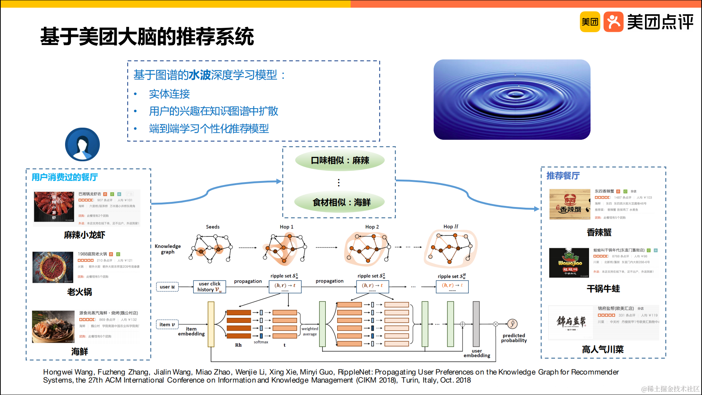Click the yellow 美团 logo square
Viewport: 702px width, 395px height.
click(590, 22)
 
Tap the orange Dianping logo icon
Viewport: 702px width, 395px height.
click(613, 22)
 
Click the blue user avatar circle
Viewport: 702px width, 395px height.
click(82, 144)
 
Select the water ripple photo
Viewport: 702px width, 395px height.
click(512, 99)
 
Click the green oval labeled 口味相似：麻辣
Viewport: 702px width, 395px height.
click(340, 160)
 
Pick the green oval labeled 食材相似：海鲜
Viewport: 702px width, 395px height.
click(340, 202)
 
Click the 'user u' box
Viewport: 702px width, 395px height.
click(167, 287)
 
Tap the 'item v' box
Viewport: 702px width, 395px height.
click(167, 324)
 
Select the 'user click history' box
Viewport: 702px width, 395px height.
click(210, 287)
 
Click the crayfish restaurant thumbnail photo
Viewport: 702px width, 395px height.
click(54, 207)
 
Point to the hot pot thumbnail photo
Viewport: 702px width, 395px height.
click(53, 267)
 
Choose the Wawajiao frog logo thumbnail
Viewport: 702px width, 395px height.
click(569, 263)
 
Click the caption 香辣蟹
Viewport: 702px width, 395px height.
click(599, 232)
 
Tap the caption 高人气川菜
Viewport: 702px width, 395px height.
click(603, 349)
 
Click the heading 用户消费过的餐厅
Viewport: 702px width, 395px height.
click(65, 177)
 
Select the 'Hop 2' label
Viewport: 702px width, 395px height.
click(372, 227)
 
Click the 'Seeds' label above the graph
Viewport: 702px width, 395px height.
click(212, 227)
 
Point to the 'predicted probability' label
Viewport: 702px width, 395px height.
click(514, 338)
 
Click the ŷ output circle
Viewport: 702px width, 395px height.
click(512, 324)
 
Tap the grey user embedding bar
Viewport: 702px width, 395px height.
click(476, 324)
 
